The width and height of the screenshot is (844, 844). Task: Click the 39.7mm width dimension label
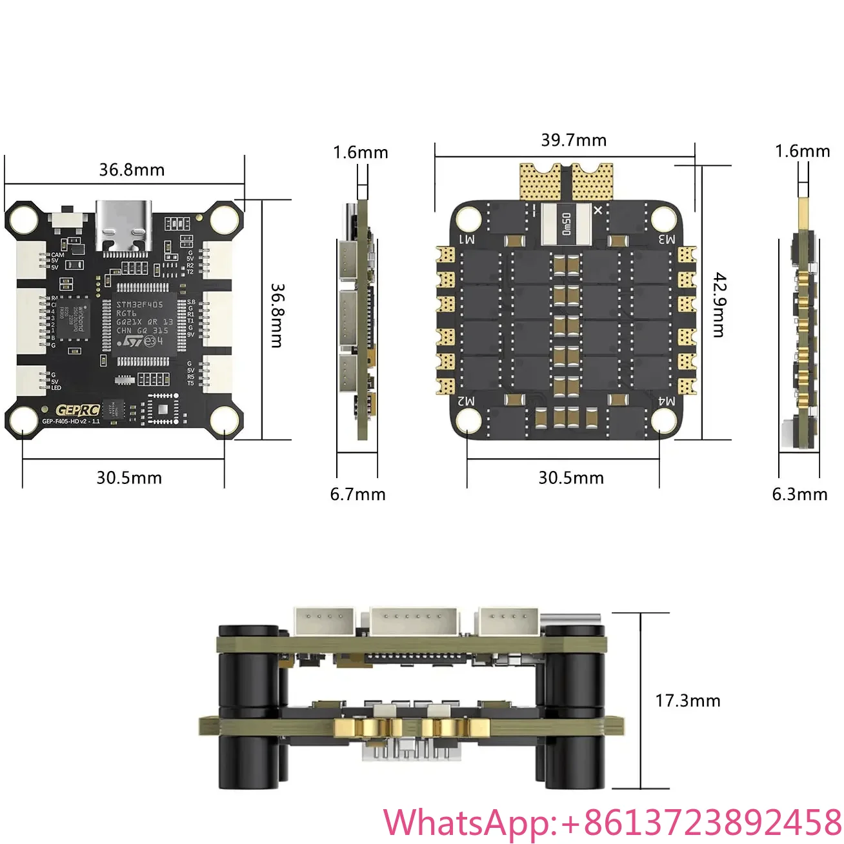pos(574,140)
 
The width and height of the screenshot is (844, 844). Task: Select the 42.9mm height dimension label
pos(718,305)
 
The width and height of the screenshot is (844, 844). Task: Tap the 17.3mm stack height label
pos(687,701)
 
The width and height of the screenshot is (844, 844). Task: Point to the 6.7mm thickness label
pos(357,494)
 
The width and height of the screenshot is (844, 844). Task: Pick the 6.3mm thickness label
pos(799,494)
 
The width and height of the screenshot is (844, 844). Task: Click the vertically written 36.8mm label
pos(277,316)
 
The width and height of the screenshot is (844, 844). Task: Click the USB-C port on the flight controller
pos(124,225)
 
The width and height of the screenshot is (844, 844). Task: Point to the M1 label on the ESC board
pos(467,239)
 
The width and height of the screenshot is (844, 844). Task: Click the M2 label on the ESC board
pos(467,401)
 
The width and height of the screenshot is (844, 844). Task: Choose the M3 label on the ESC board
pos(667,239)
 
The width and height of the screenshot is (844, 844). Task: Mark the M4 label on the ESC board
pos(667,401)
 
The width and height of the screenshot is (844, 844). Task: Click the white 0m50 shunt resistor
pos(566,224)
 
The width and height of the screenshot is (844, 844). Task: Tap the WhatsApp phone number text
pos(612,823)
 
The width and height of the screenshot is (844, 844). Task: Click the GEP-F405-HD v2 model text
pos(71,421)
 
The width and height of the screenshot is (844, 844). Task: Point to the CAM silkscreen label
pos(57,255)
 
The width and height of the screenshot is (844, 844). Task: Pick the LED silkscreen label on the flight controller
pos(56,388)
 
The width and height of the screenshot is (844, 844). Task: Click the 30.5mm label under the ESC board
pos(571,478)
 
